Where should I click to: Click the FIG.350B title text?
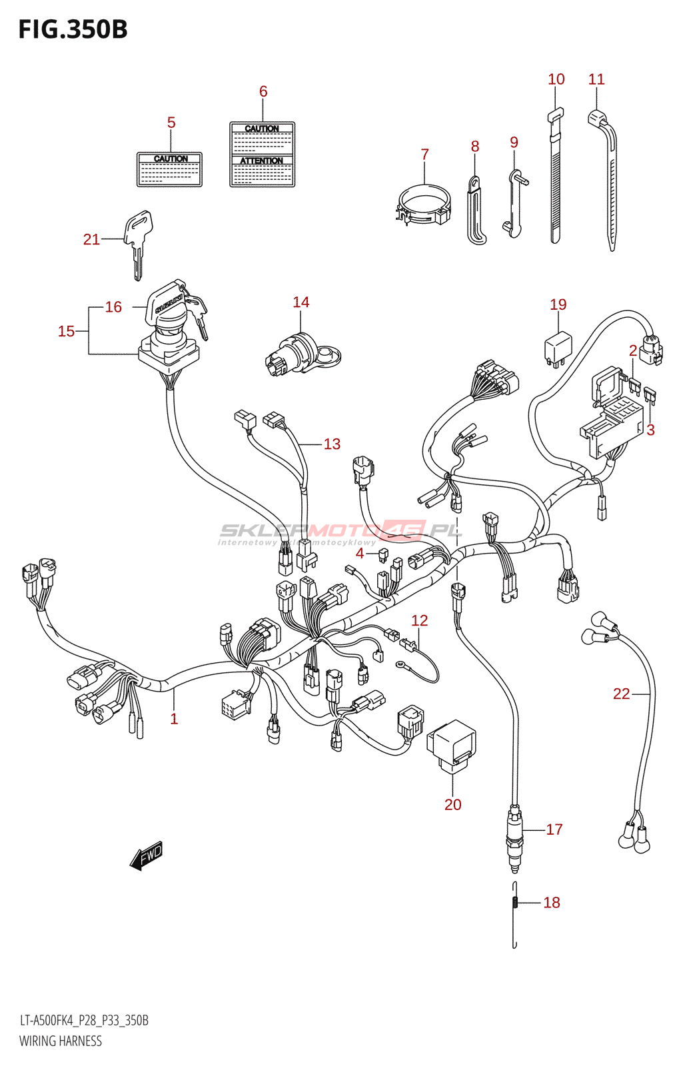(73, 30)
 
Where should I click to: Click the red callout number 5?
(171, 123)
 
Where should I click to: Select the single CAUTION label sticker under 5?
(169, 170)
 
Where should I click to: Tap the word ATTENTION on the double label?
(262, 161)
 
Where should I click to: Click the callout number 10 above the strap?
(556, 79)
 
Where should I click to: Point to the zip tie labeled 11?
(607, 180)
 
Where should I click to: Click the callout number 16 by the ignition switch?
(113, 307)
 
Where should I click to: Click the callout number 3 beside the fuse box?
(650, 430)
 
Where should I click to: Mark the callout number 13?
(332, 444)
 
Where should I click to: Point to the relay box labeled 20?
(452, 744)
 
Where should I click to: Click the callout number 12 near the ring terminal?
(419, 621)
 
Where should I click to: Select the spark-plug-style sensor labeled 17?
(514, 836)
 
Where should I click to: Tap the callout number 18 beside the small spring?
(551, 903)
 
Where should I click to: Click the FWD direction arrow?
(147, 856)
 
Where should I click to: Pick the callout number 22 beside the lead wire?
(621, 694)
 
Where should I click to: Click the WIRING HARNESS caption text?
(61, 1041)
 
